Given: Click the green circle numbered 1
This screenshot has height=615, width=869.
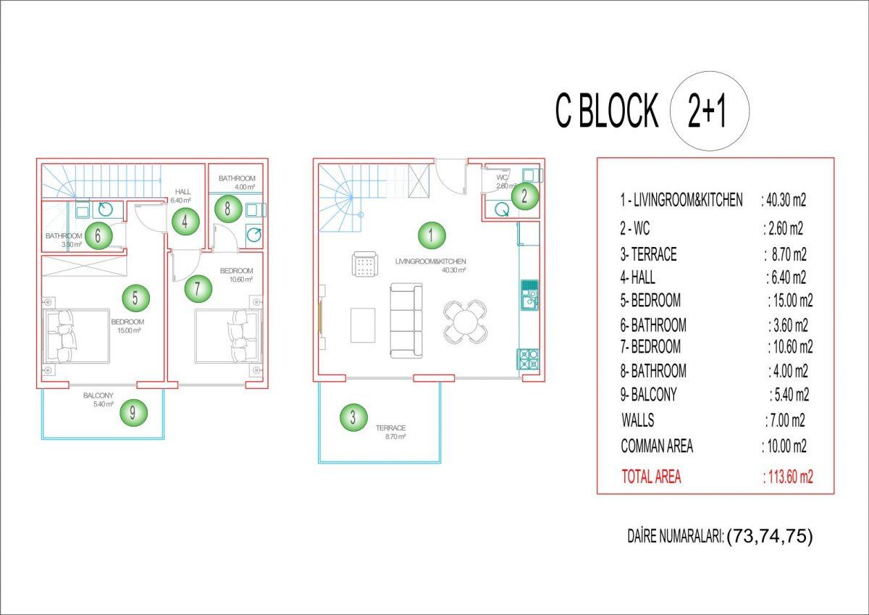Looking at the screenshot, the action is click(432, 235).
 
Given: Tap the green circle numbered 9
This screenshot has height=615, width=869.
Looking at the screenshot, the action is click(133, 412).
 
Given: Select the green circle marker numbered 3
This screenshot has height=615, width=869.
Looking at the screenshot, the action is click(353, 417).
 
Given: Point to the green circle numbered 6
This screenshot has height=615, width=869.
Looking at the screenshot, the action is click(98, 235).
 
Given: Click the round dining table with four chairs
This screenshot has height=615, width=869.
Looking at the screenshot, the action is click(465, 321).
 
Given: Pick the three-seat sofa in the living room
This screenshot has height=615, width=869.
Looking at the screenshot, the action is click(406, 320).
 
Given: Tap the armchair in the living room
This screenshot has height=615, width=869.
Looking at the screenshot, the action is click(365, 264).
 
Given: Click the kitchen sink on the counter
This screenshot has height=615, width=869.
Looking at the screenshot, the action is click(529, 295).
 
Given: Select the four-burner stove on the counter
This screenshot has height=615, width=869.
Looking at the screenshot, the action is click(528, 359).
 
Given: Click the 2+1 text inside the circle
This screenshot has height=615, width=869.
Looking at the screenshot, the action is click(707, 111).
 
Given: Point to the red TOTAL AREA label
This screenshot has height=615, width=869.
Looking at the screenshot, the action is click(651, 477).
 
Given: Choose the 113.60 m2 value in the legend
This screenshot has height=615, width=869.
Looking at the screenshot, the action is click(788, 477).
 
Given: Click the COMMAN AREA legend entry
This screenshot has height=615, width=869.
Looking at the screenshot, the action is click(657, 445).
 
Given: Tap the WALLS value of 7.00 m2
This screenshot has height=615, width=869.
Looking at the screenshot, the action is click(785, 420).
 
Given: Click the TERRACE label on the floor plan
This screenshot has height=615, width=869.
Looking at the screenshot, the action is click(390, 427).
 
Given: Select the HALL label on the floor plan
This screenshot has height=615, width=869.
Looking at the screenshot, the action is click(182, 192).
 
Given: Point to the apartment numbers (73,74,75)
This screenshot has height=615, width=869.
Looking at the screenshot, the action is click(770, 536).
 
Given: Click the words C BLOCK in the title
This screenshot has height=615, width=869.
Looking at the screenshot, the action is click(607, 111).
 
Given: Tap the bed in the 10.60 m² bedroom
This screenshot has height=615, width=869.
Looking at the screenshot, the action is click(227, 336).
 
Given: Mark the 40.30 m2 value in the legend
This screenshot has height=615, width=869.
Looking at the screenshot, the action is click(784, 200).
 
